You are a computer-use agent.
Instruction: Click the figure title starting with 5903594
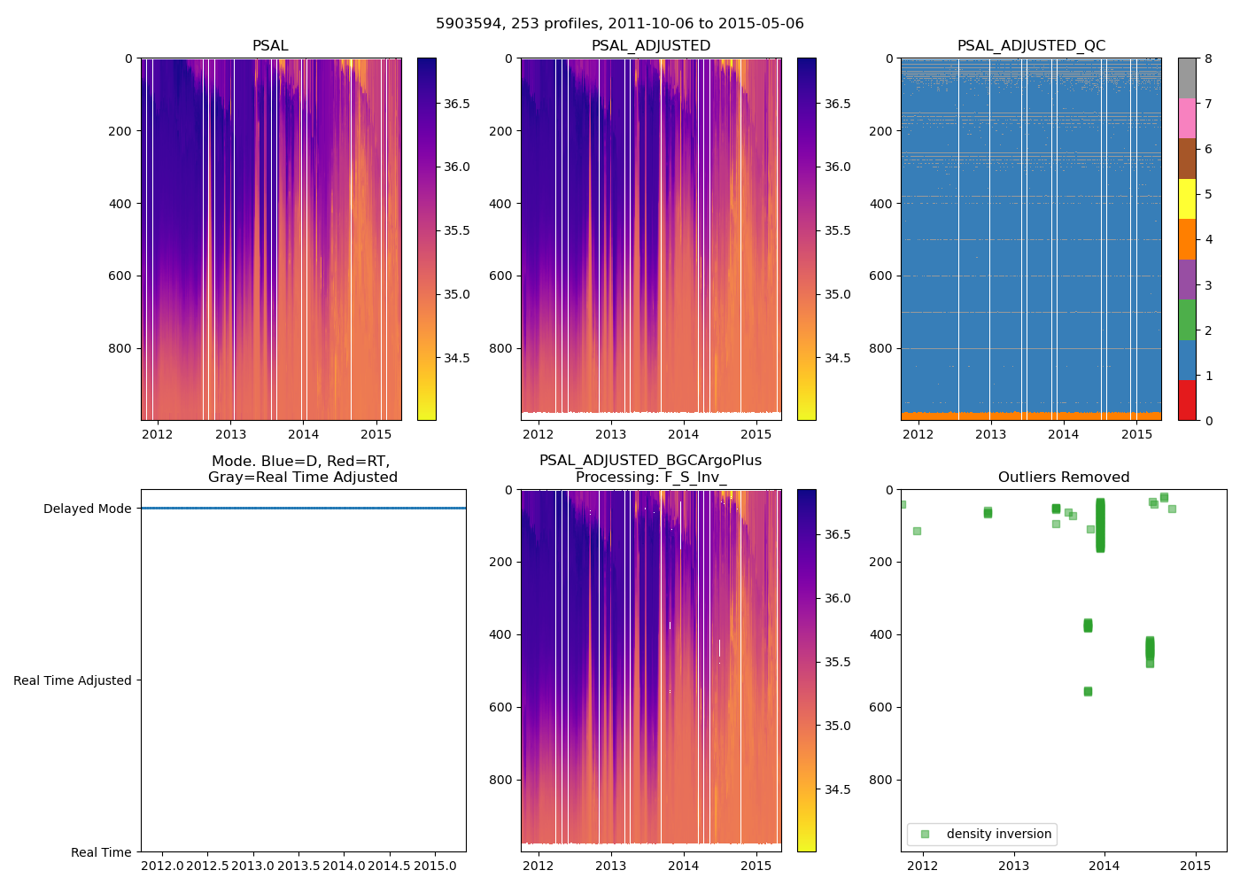coord(620,24)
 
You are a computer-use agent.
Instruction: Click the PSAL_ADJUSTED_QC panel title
coord(1031,46)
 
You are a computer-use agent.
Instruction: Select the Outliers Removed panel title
coord(1063,478)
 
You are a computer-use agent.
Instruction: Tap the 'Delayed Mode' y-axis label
coord(87,509)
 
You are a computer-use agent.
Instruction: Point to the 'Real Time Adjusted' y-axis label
coord(73,680)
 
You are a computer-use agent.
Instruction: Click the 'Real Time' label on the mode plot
coord(101,852)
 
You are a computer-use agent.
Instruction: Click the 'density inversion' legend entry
coord(998,834)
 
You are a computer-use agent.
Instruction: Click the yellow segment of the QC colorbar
coord(1187,198)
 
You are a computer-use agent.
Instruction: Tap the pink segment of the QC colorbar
coord(1187,118)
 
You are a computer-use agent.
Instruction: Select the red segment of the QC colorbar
coord(1187,400)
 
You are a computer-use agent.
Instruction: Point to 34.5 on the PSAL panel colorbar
coord(456,358)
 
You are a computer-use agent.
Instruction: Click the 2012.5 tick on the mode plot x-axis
coord(207,865)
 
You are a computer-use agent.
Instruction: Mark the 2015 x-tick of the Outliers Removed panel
coord(1196,865)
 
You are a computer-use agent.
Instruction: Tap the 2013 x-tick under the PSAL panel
coord(230,434)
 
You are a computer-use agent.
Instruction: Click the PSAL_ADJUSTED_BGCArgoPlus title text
coord(650,461)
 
